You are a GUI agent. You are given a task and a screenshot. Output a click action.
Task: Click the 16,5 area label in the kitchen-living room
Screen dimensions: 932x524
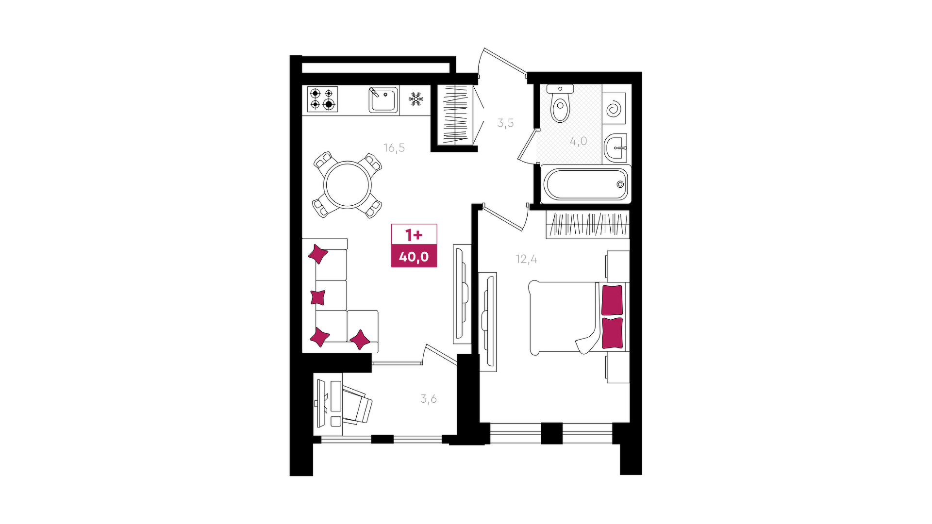pos(394,147)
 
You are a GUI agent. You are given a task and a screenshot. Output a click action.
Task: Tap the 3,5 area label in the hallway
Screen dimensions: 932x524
pos(505,123)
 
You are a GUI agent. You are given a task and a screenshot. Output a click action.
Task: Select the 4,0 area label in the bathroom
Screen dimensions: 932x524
pos(578,141)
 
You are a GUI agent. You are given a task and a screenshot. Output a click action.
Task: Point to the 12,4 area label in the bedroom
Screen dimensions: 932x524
pos(526,259)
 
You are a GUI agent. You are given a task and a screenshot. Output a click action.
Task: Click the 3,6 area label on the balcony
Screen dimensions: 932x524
pos(429,399)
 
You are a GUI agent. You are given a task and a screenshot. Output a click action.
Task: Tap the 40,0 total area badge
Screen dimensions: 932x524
pos(414,256)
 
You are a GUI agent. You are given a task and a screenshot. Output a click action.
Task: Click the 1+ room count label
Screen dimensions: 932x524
pos(414,235)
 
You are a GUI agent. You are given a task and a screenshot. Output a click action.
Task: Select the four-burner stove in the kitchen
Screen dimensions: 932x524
pos(322,99)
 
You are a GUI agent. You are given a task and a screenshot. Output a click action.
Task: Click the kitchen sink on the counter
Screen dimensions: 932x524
pos(383,99)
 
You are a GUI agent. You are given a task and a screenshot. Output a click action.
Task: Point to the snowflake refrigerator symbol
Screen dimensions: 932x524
pos(416,99)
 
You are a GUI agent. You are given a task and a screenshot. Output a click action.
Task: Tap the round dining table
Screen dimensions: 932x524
pos(348,185)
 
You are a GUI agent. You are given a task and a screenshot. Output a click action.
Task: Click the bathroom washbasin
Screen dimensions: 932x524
pos(616,147)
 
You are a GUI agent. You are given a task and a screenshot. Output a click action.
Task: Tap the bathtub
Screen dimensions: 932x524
pos(585,184)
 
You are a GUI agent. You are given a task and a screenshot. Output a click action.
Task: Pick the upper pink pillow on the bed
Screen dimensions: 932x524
pos(612,300)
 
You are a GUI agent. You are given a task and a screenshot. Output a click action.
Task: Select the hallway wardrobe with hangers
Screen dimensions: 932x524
pos(455,115)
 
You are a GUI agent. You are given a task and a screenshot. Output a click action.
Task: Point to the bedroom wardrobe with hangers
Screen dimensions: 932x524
pos(588,225)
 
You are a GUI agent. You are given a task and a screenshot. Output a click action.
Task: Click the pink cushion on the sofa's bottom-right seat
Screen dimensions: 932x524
pos(360,340)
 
